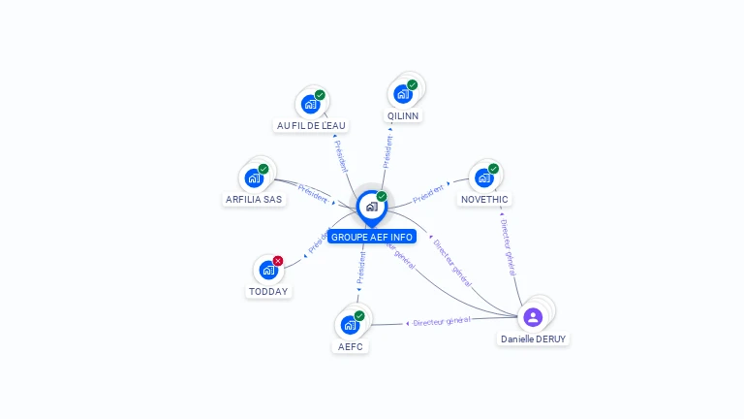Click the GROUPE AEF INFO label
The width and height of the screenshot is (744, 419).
click(x=371, y=237)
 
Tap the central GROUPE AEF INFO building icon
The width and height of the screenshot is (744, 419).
click(x=371, y=206)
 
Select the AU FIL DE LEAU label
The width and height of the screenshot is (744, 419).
click(x=311, y=125)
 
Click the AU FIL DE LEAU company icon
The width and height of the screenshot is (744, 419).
click(x=311, y=104)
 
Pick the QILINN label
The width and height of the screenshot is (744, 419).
click(x=403, y=115)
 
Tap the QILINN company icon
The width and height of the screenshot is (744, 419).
click(x=403, y=94)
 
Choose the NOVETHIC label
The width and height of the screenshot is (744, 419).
click(x=484, y=199)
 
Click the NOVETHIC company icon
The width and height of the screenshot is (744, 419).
click(x=484, y=177)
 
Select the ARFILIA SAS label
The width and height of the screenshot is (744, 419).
click(x=254, y=199)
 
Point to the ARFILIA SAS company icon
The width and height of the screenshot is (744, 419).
click(x=254, y=178)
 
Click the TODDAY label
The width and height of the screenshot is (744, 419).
click(x=268, y=291)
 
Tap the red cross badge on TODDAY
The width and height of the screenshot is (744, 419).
click(x=278, y=261)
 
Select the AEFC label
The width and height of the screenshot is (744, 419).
click(x=350, y=345)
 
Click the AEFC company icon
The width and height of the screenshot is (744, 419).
click(x=350, y=324)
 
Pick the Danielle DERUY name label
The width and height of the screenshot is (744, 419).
click(x=534, y=339)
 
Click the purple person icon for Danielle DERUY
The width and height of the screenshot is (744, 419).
click(x=533, y=316)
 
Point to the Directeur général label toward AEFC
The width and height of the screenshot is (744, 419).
click(x=442, y=321)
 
